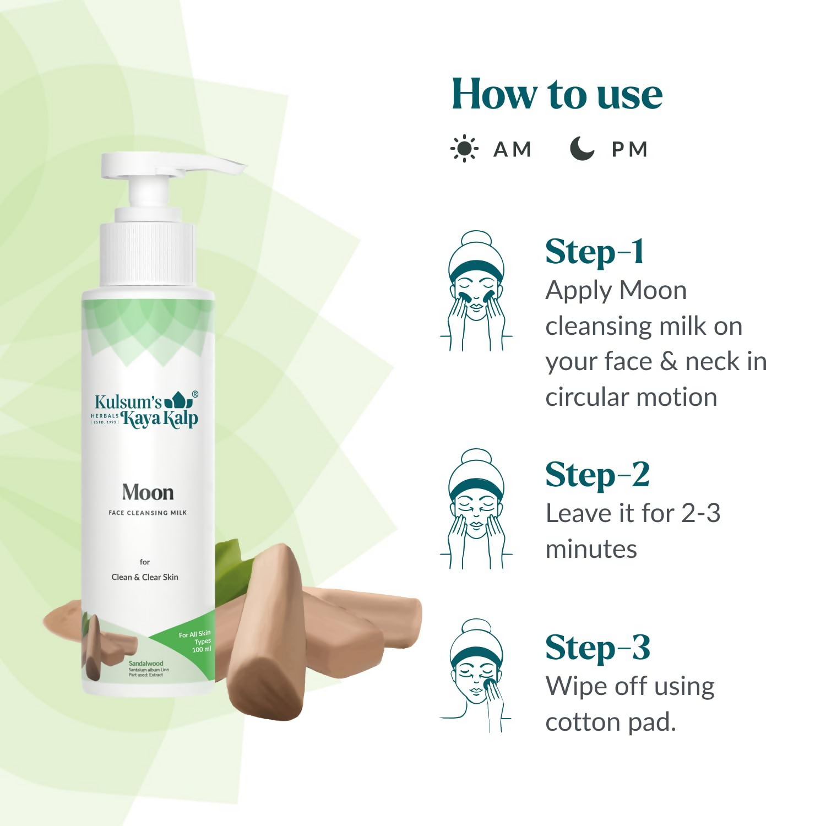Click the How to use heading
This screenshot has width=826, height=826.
[x=557, y=95]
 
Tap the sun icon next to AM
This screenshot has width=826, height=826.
[x=464, y=149]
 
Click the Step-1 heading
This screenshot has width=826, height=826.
[x=594, y=253]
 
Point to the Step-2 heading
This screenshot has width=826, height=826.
[x=597, y=475]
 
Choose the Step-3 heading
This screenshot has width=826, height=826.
[x=598, y=648]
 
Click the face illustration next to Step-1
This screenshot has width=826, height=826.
[x=476, y=291]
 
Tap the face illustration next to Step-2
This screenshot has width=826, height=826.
[x=476, y=509]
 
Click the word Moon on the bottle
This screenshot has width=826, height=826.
[x=148, y=492]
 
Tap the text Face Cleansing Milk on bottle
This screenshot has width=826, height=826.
[x=148, y=513]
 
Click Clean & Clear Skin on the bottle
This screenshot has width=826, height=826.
[x=145, y=577]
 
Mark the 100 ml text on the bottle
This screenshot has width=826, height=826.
[x=202, y=650]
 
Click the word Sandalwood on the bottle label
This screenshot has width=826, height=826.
[x=146, y=664]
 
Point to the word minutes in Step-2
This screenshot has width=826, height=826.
[x=591, y=549]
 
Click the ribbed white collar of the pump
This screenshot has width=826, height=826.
[x=148, y=253]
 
